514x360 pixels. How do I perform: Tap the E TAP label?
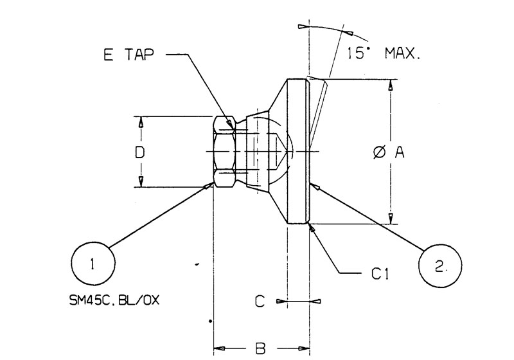pyautogui.click(x=128, y=55)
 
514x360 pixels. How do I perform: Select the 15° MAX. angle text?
pyautogui.click(x=383, y=53)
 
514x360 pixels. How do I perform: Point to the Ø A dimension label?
pyautogui.click(x=389, y=152)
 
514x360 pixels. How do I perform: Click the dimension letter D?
pyautogui.click(x=140, y=152)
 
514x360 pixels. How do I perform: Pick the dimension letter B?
pyautogui.click(x=260, y=348)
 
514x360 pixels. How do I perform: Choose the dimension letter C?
pyautogui.click(x=260, y=301)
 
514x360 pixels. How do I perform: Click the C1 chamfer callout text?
pyautogui.click(x=380, y=273)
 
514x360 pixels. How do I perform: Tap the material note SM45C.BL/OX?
pyautogui.click(x=114, y=300)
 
